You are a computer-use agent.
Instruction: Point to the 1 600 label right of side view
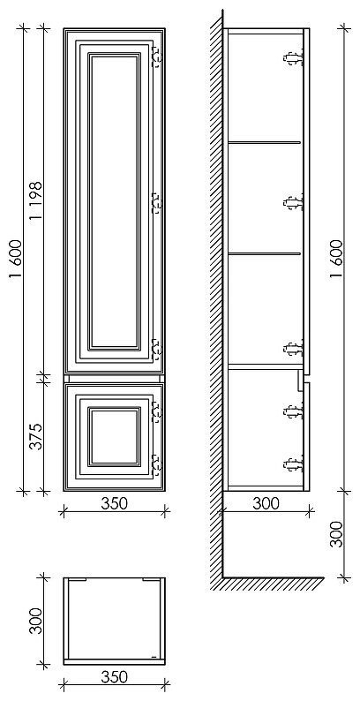(337, 260)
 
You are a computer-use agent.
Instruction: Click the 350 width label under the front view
(114, 503)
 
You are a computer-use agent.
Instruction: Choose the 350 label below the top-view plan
(114, 677)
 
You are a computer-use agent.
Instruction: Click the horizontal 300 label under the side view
(266, 503)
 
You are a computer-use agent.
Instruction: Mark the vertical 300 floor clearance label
(337, 534)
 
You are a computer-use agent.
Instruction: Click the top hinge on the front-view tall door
(157, 57)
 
